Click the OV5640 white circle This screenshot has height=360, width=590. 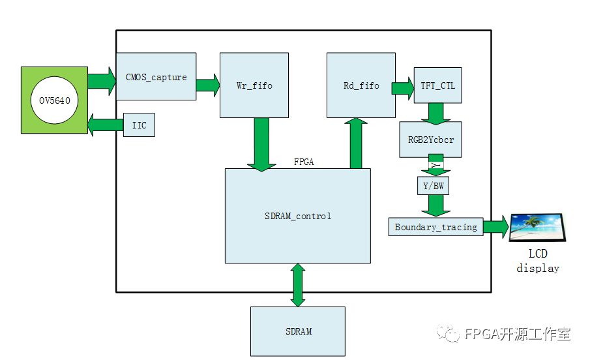click(x=54, y=100)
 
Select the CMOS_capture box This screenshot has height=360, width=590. click(x=156, y=76)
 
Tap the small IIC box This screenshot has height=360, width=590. click(x=139, y=125)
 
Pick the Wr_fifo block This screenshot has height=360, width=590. click(x=245, y=85)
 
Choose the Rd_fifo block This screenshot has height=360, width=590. click(x=361, y=85)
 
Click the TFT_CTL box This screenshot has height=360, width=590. click(x=437, y=87)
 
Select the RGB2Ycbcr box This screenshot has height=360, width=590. click(x=430, y=139)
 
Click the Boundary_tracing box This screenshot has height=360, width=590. click(x=435, y=227)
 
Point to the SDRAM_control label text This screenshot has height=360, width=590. click(x=298, y=216)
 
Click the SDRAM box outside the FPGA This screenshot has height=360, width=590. click(x=298, y=331)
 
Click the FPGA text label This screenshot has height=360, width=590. click(x=304, y=162)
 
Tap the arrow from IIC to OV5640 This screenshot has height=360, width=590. click(x=104, y=124)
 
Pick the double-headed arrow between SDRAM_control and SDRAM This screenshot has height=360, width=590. click(x=298, y=284)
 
